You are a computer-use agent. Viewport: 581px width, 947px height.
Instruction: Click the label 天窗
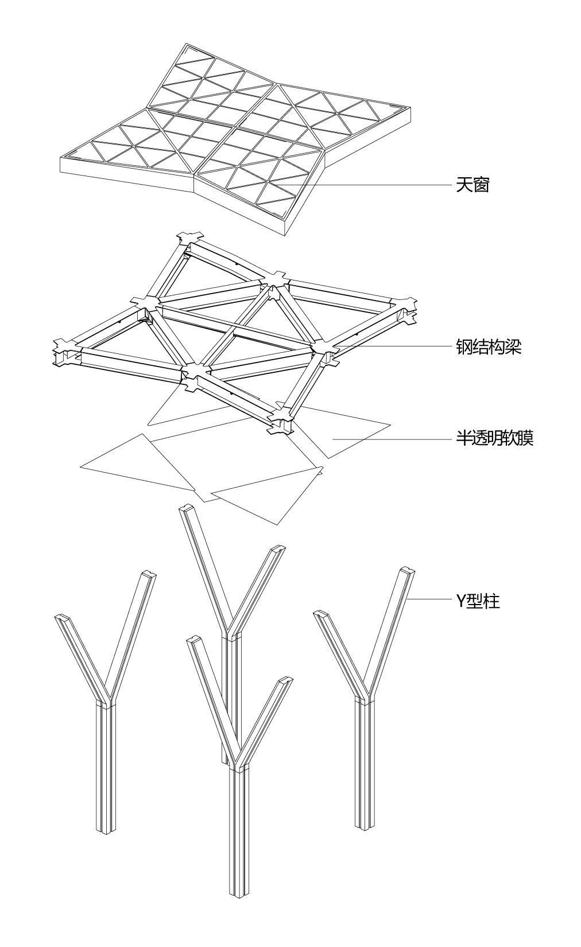[472, 185]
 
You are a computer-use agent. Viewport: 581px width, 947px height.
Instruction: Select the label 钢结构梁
[488, 347]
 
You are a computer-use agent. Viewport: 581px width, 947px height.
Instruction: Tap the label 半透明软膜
[494, 439]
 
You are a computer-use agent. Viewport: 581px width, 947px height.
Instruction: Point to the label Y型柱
[478, 601]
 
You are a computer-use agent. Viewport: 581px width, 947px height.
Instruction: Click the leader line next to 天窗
[379, 185]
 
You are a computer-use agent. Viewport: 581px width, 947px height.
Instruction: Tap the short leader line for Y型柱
[429, 599]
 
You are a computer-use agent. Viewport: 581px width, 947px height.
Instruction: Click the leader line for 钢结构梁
[396, 346]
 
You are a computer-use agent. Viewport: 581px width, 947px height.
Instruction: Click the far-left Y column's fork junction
[105, 700]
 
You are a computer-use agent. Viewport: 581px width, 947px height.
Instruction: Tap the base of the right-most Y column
[362, 825]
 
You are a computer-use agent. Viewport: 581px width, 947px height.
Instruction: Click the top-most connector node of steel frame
[190, 236]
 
